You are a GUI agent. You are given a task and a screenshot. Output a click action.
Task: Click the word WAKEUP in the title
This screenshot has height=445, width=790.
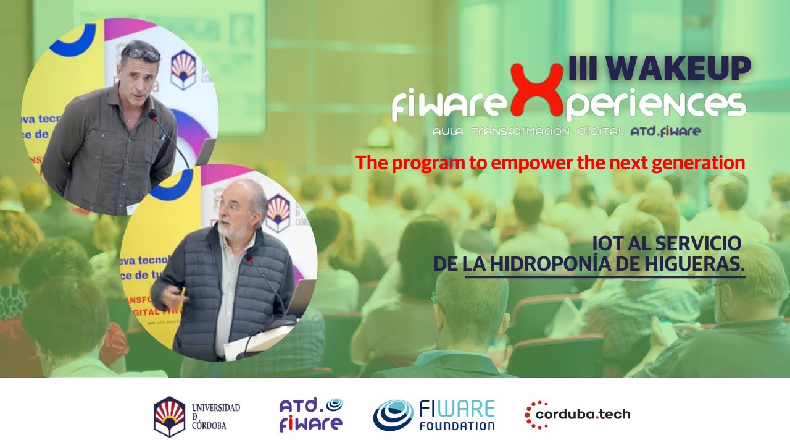pos(678,68)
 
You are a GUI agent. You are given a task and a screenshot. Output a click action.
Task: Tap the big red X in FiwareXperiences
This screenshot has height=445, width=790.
pos(538,93)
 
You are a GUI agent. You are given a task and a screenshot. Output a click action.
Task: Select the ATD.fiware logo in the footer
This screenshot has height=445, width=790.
pos(310,415)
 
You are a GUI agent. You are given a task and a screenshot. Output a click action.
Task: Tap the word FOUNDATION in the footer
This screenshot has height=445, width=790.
pos(457,425)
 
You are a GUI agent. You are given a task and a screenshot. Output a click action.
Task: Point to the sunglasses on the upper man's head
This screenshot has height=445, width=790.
pos(141,54)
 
